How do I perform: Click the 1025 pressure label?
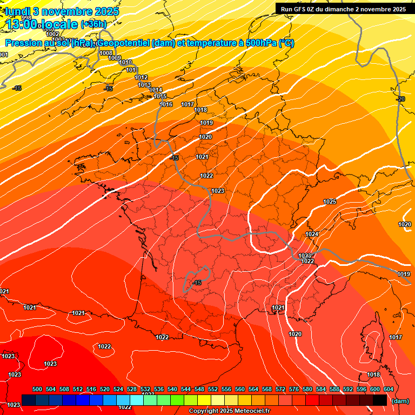330,202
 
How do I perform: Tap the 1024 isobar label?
312,234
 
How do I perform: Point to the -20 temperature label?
400,99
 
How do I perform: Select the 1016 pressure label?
166,104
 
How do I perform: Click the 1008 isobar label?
106,53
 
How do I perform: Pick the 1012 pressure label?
141,78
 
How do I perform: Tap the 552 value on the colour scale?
213,389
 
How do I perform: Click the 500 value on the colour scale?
37,389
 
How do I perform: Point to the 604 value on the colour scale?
389,389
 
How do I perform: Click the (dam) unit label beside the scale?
400,401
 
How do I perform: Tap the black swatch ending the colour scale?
380,400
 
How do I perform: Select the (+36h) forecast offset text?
93,24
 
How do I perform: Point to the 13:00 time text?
23,24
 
